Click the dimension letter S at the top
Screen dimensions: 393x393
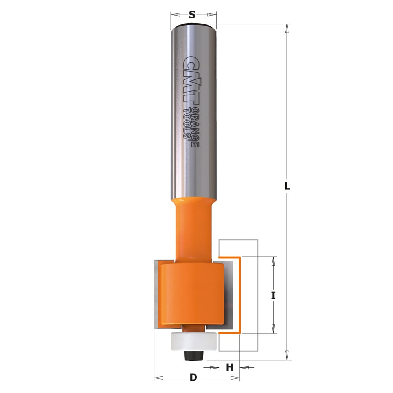[192, 15]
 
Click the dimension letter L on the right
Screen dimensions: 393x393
[287, 186]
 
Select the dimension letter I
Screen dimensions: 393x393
[274, 296]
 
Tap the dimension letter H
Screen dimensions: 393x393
[230, 367]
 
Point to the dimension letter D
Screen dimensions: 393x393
[193, 377]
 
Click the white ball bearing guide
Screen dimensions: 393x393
[193, 341]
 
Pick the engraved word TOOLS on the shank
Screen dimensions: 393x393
[186, 123]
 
